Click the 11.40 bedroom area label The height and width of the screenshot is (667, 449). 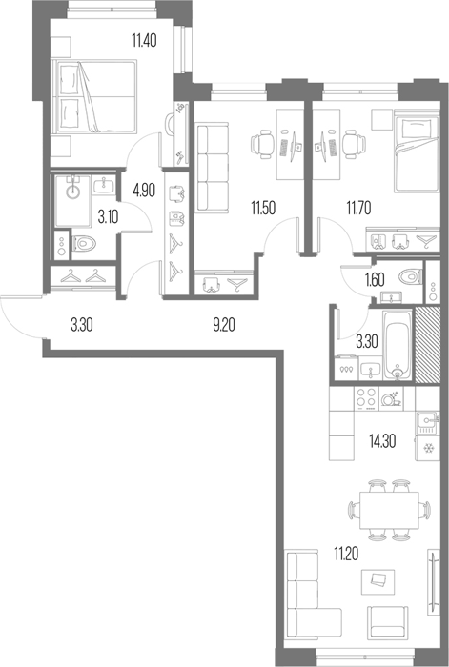click(144, 41)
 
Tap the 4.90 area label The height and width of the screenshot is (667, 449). click(144, 191)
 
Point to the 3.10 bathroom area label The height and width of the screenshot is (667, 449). click(108, 217)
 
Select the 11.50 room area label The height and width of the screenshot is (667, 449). click(263, 209)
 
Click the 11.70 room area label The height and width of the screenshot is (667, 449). click(358, 209)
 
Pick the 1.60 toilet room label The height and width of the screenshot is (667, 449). click(375, 280)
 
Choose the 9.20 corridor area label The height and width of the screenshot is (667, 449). click(223, 326)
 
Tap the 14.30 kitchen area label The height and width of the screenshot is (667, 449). click(382, 441)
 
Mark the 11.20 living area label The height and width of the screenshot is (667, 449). click(346, 554)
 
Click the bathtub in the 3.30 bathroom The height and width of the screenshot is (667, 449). click(398, 345)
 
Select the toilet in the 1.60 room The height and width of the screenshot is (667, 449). click(410, 277)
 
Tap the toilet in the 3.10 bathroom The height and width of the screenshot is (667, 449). click(84, 244)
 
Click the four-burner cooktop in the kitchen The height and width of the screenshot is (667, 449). click(366, 397)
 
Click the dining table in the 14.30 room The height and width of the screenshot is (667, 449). click(389, 510)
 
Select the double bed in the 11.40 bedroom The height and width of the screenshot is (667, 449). click(94, 96)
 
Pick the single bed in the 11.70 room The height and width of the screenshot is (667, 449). click(417, 151)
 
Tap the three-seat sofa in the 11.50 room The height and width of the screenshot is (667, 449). click(212, 167)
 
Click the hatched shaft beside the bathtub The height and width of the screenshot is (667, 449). click(427, 344)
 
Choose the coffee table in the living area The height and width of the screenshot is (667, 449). click(378, 581)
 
